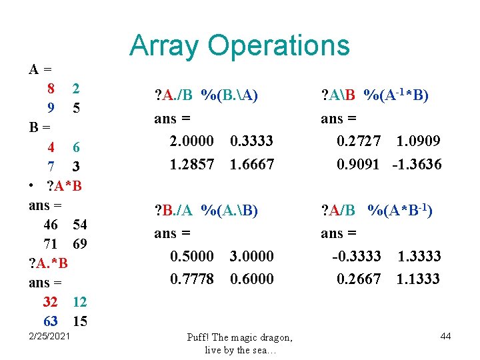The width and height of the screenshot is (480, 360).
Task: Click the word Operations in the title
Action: tap(279, 45)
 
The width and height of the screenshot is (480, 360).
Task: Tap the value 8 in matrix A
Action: tap(51, 88)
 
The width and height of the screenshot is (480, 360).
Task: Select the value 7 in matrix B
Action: tap(51, 165)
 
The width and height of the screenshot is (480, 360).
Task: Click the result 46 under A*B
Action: tap(50, 225)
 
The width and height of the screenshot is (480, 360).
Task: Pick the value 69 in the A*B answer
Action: tap(79, 243)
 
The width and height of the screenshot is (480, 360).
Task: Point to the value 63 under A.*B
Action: tap(50, 321)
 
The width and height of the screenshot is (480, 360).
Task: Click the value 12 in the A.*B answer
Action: tap(79, 302)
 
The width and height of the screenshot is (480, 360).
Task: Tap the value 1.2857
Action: tap(192, 164)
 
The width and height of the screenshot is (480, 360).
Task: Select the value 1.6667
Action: tap(252, 164)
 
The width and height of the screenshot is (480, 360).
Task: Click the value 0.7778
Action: tap(192, 279)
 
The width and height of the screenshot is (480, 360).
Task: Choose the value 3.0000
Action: tap(252, 255)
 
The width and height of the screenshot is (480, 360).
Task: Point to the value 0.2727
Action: tap(359, 141)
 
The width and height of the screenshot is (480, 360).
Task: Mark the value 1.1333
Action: tap(418, 279)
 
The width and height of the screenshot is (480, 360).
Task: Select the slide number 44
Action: tap(445, 337)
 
